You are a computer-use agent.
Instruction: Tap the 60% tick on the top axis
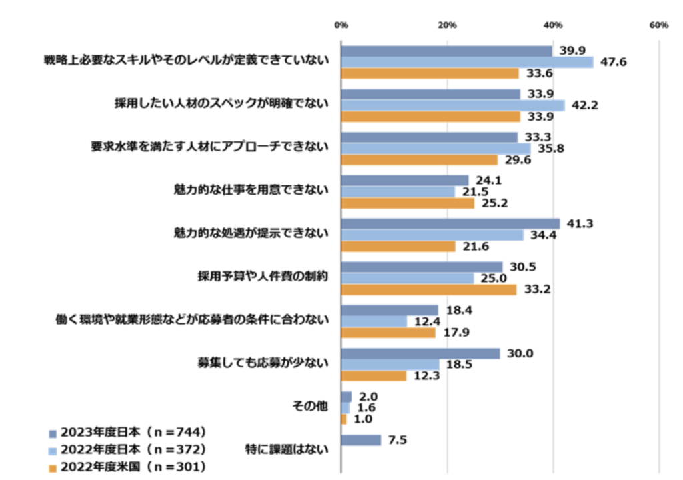658,25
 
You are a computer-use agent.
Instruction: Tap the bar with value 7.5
361,440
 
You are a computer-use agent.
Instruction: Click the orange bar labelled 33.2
428,290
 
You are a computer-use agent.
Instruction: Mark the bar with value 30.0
420,353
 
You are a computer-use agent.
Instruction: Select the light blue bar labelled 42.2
452,105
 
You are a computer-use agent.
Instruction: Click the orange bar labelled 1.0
344,419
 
